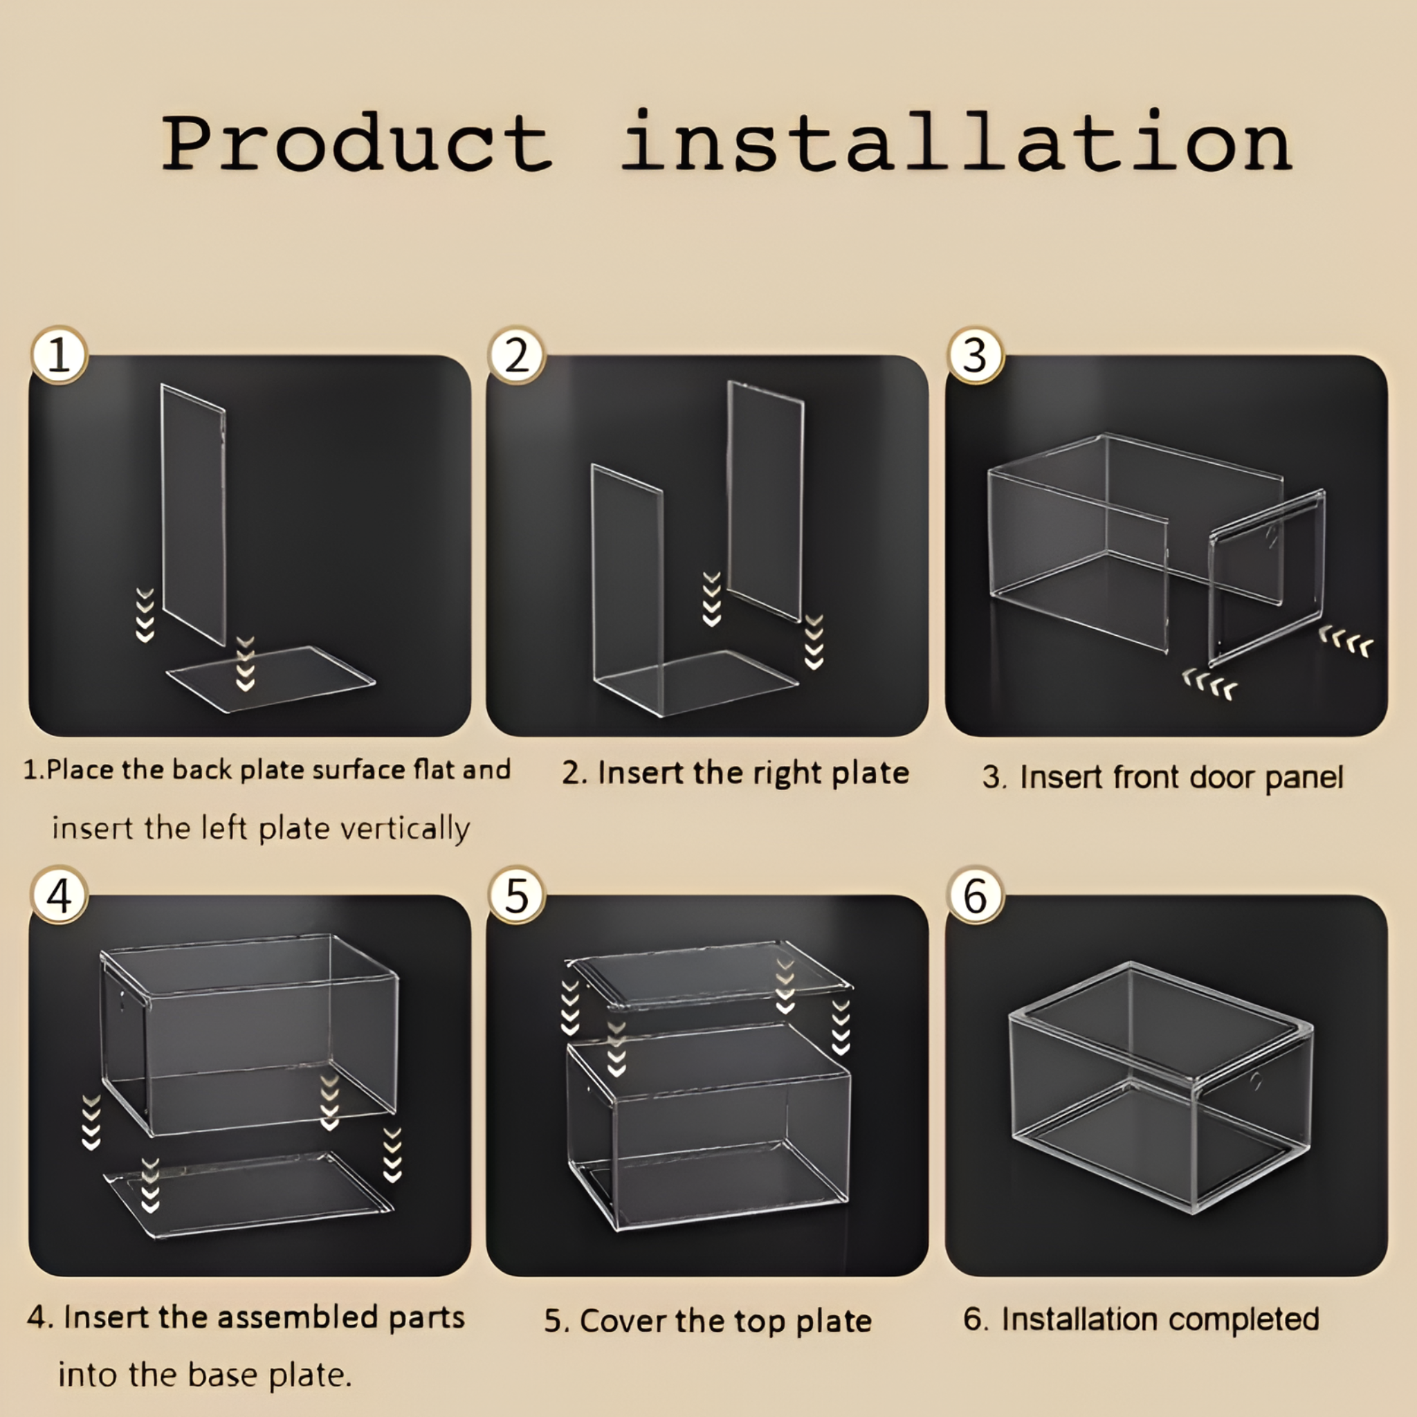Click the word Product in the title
pyautogui.click(x=356, y=143)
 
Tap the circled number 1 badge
pyautogui.click(x=60, y=356)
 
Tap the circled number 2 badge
pyautogui.click(x=516, y=356)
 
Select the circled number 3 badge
pyautogui.click(x=975, y=356)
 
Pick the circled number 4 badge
pyautogui.click(x=60, y=895)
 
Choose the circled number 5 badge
pyautogui.click(x=516, y=895)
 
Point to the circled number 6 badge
pyautogui.click(x=975, y=895)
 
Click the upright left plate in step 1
pyautogui.click(x=194, y=513)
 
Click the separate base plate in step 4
pyautogui.click(x=249, y=1192)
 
